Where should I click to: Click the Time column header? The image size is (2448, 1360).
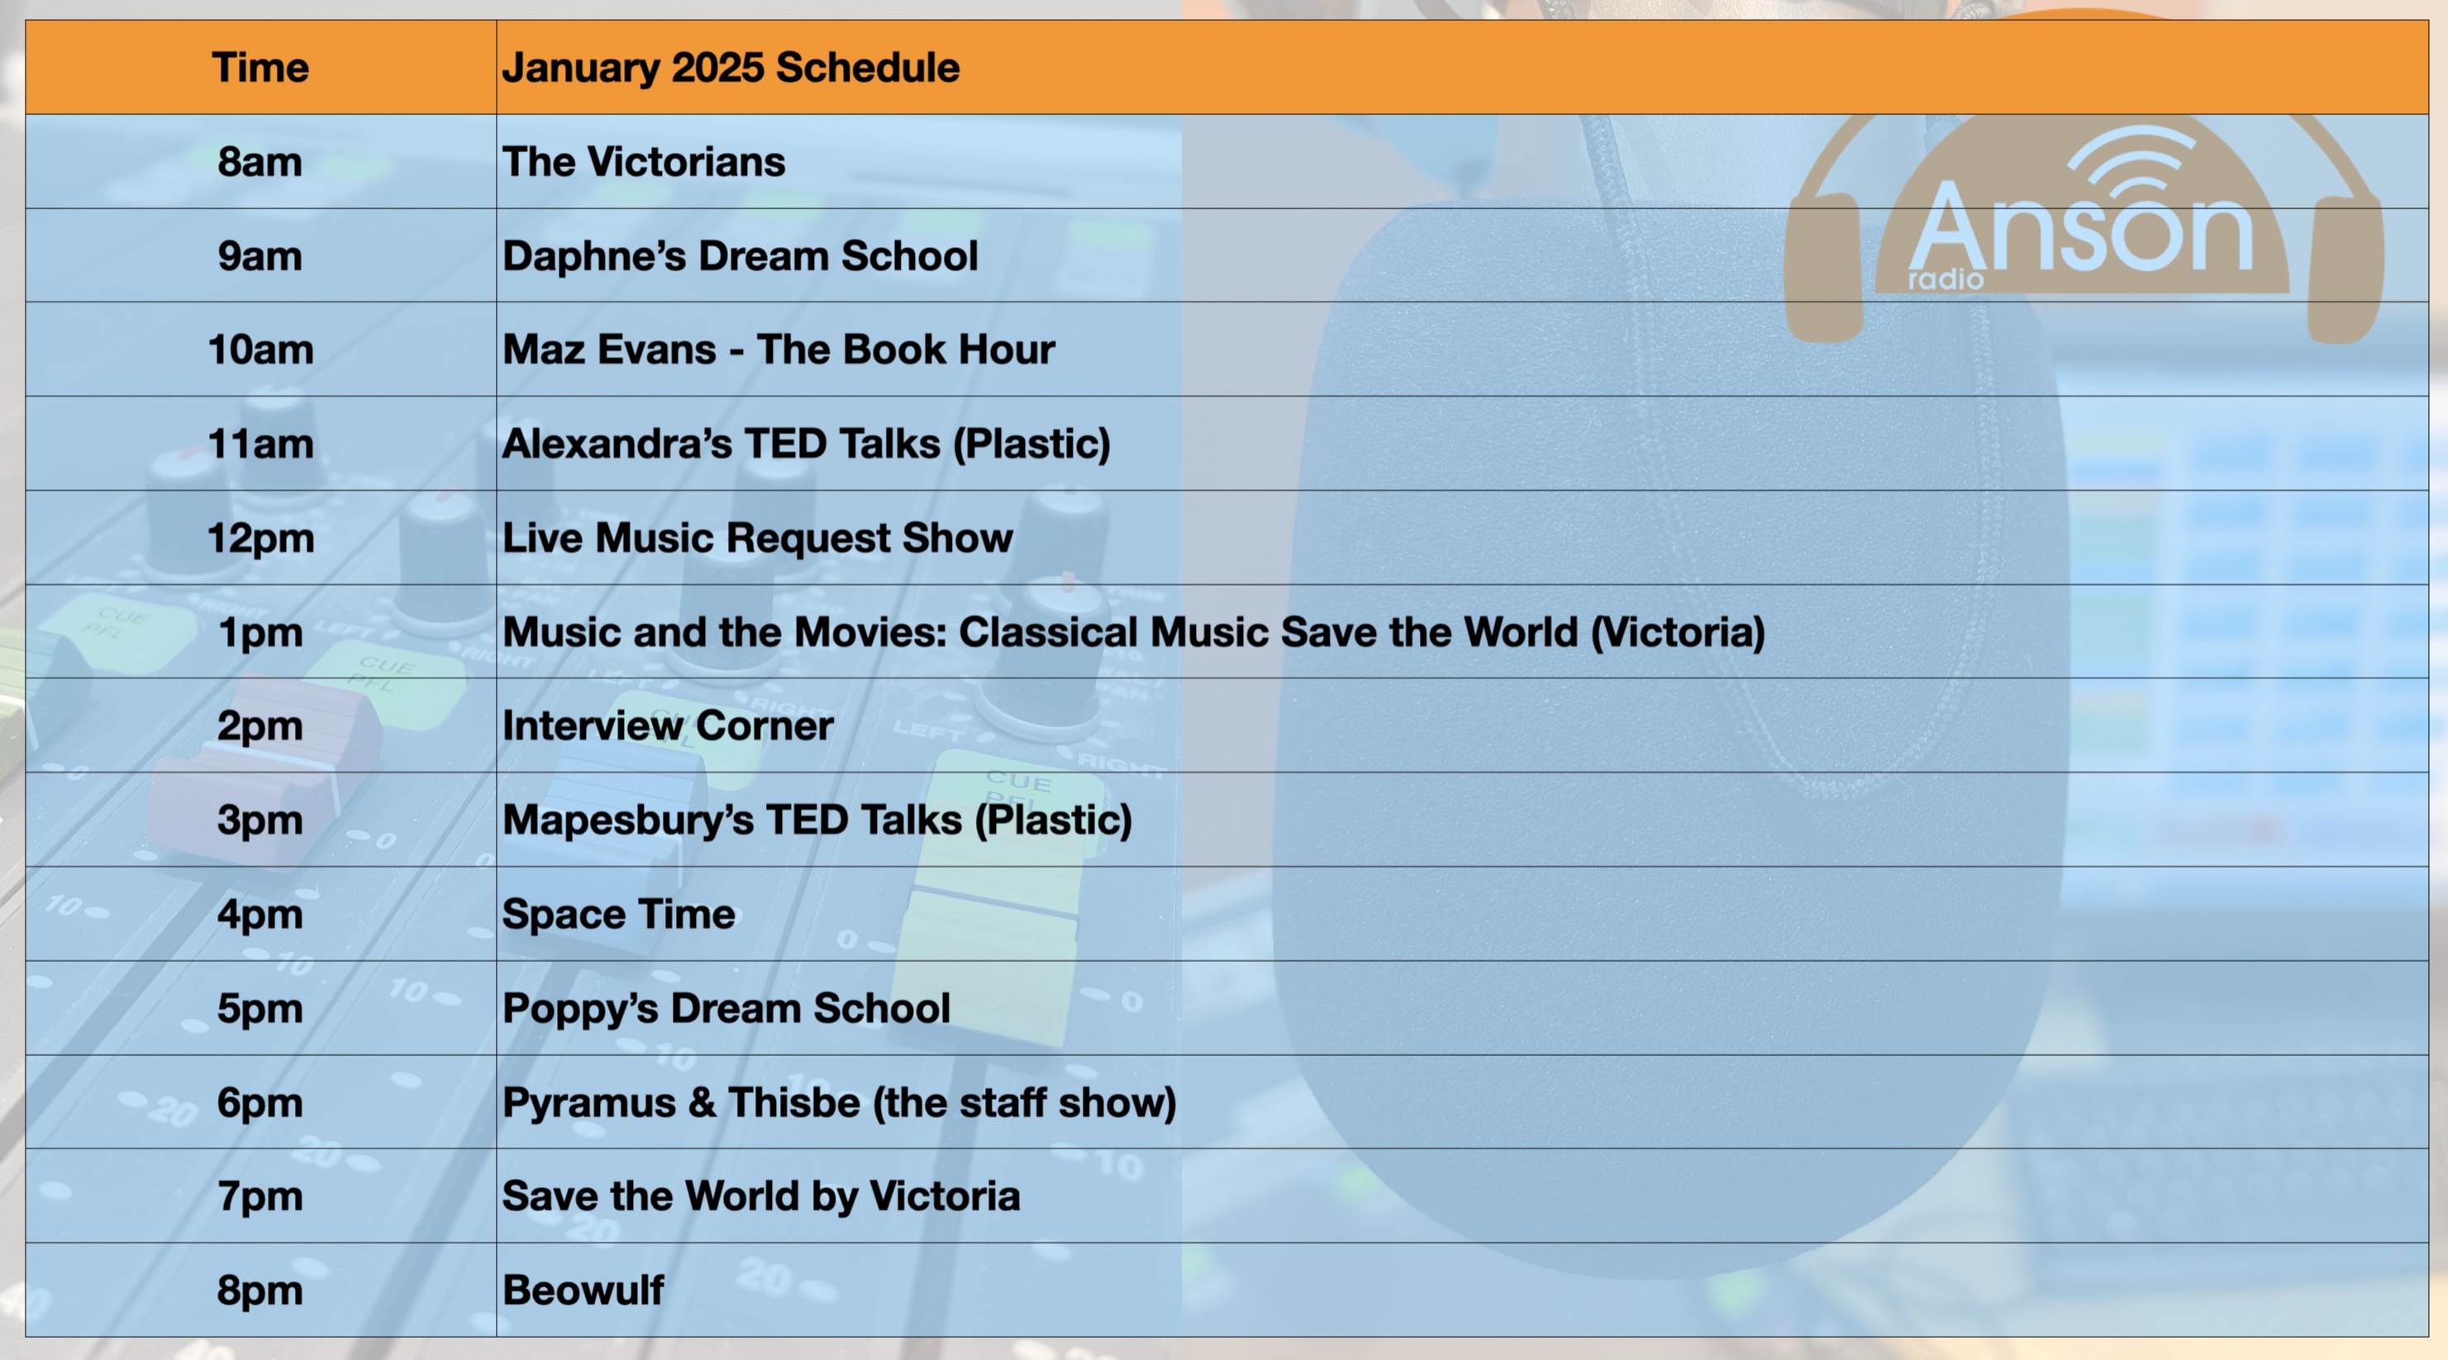click(260, 68)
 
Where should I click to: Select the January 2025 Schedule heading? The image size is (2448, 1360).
click(731, 68)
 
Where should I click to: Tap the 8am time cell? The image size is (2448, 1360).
click(260, 162)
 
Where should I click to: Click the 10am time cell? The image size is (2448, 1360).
click(260, 350)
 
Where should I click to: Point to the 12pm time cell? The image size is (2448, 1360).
click(260, 539)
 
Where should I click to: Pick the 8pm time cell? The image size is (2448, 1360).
click(260, 1291)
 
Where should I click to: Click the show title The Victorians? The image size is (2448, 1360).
click(643, 162)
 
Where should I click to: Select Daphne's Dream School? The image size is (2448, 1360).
click(741, 255)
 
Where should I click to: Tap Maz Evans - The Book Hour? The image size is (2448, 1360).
click(779, 350)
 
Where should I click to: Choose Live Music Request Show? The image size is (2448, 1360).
click(757, 538)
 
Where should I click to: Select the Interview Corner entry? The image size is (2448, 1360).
click(668, 726)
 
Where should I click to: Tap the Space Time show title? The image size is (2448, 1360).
click(619, 915)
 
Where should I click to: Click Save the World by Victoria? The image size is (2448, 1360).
click(761, 1196)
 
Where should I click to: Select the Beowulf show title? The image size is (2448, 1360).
click(583, 1291)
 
